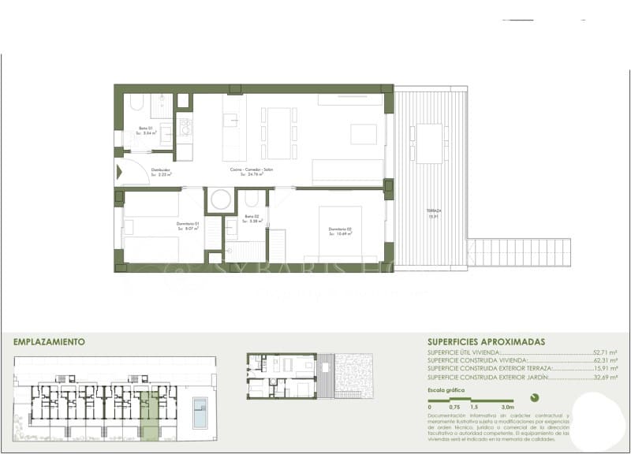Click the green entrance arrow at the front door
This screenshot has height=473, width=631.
point(121,172)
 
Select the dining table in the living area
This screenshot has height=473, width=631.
point(279,132)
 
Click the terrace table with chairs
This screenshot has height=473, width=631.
point(430,143)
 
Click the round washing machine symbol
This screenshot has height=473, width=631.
point(221,199)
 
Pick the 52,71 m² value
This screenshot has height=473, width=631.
point(604,353)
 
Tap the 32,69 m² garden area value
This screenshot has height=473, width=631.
point(604,377)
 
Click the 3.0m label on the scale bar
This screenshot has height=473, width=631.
point(507,407)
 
